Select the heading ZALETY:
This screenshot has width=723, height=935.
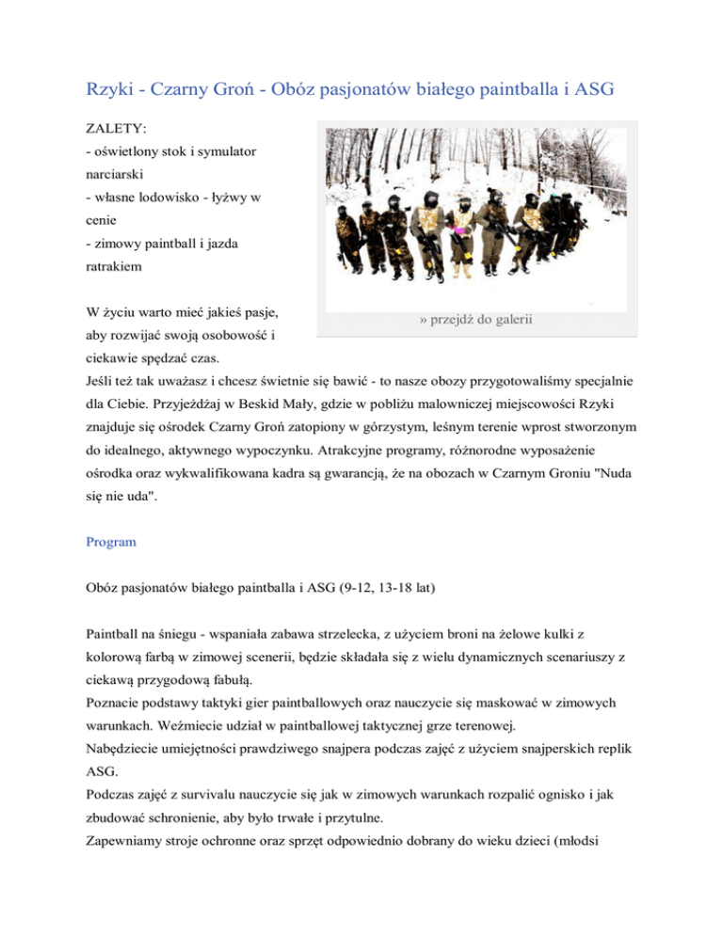coord(112,128)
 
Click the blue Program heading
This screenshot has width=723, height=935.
coord(109,542)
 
